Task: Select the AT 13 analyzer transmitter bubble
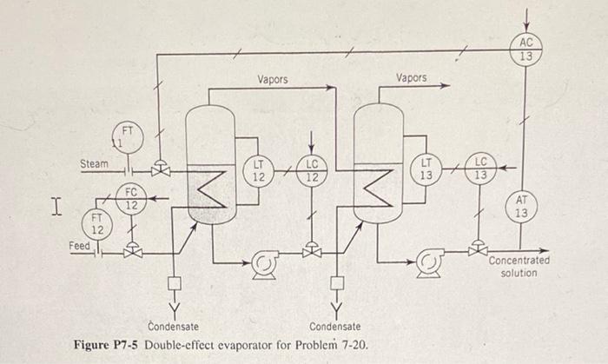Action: tap(520, 207)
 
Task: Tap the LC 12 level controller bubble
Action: tap(313, 169)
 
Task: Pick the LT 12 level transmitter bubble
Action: tap(258, 169)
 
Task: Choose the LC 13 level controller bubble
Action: tap(482, 169)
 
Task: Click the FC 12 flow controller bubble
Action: tap(131, 198)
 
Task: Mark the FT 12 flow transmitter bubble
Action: tap(97, 223)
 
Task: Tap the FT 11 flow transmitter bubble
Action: tap(126, 136)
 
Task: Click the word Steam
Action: tap(95, 163)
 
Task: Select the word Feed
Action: tap(80, 247)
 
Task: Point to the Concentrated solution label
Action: tap(519, 267)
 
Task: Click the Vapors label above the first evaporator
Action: tap(273, 79)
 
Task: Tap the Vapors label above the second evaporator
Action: tap(412, 78)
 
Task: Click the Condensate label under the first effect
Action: tap(174, 327)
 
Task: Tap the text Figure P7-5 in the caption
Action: tap(108, 346)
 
